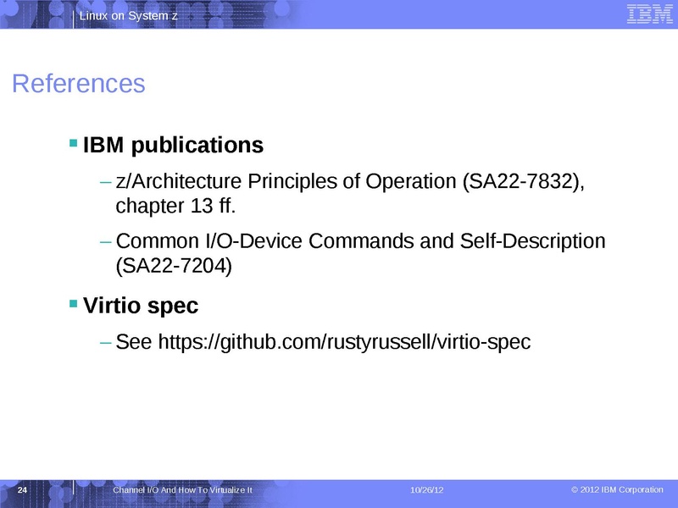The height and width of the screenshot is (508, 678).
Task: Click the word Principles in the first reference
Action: click(294, 182)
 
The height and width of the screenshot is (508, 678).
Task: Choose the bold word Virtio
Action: click(112, 305)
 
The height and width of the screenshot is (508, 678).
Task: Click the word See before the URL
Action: click(133, 342)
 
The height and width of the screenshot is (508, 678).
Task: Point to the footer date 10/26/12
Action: click(426, 491)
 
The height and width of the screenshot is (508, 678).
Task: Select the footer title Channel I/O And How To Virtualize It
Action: click(182, 491)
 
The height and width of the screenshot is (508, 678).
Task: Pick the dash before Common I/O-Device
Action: click(105, 241)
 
